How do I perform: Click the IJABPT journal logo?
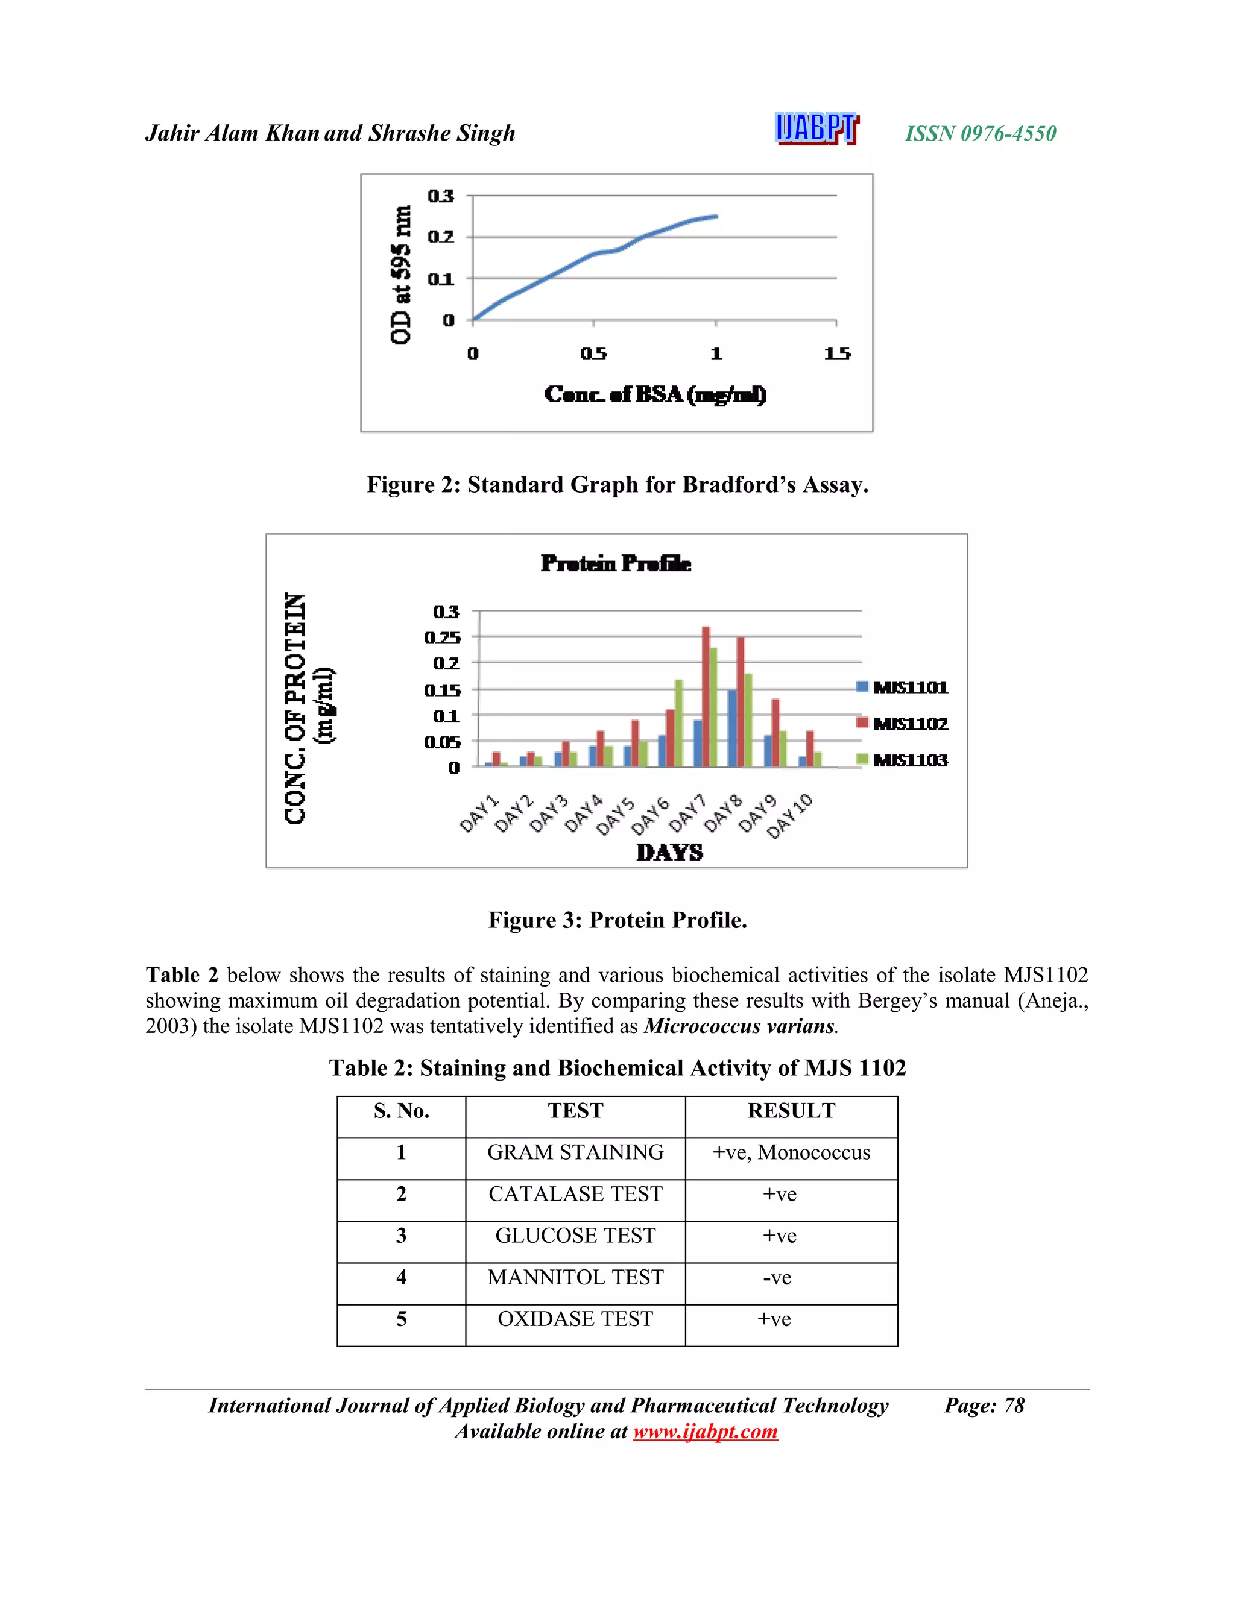[x=816, y=130]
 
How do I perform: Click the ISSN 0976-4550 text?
[x=981, y=133]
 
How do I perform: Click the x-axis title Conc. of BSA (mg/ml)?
[x=655, y=395]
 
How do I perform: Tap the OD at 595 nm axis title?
[x=400, y=274]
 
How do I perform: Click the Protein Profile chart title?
[x=616, y=563]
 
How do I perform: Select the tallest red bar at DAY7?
[x=706, y=696]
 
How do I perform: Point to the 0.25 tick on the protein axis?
[x=443, y=637]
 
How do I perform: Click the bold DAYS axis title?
[x=669, y=853]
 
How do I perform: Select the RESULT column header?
[x=791, y=1111]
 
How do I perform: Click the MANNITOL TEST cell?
[x=575, y=1278]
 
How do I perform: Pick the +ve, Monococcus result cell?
[x=791, y=1152]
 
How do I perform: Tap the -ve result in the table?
[x=777, y=1278]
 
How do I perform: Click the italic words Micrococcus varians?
[x=739, y=1026]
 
